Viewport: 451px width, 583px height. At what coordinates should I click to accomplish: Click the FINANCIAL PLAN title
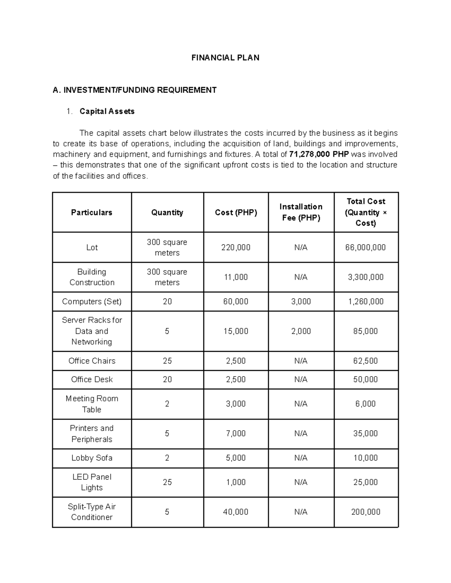tap(225, 58)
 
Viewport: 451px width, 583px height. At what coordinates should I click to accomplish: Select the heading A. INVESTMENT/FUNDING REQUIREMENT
tap(135, 90)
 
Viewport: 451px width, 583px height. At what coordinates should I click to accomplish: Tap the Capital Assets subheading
tap(107, 111)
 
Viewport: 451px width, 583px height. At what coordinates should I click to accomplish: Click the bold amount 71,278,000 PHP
tap(319, 154)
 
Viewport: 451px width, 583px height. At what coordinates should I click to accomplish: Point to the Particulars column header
tap(92, 212)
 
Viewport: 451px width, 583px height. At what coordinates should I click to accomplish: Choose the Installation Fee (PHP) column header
tap(301, 212)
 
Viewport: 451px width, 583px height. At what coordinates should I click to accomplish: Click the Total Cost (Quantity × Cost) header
tap(366, 212)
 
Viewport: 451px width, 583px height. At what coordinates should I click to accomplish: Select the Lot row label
tap(92, 247)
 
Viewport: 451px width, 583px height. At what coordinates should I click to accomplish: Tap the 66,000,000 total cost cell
tap(366, 247)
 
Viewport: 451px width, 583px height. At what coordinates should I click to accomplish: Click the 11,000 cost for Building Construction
tap(236, 277)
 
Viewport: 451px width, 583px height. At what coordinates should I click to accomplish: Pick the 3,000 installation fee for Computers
tap(301, 301)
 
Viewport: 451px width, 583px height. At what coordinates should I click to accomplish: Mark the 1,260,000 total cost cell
tap(366, 301)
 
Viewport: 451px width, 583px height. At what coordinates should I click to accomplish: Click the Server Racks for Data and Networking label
tap(92, 331)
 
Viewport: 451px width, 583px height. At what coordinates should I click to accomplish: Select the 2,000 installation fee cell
tap(301, 331)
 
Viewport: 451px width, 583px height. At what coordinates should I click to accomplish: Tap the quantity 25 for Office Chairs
tap(167, 361)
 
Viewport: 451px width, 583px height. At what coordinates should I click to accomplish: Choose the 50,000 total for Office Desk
tap(366, 380)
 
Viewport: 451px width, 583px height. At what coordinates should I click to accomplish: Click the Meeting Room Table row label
tap(92, 404)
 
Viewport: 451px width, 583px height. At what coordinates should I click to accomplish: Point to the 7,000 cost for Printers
tap(236, 434)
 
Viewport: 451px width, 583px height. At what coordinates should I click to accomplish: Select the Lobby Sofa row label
tap(92, 458)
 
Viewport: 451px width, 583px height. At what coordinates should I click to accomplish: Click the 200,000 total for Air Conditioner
tap(366, 512)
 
